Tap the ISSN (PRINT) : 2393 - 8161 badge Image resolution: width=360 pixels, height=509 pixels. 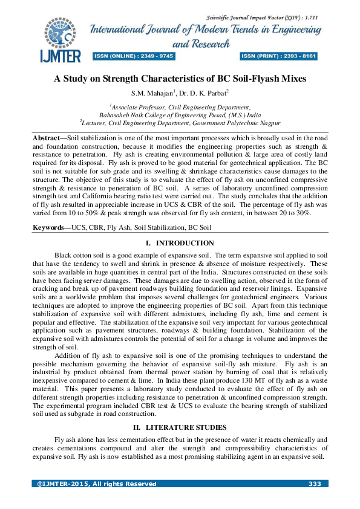[279, 56]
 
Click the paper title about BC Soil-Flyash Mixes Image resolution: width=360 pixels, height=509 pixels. [180, 79]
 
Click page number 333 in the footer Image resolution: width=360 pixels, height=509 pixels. [314, 484]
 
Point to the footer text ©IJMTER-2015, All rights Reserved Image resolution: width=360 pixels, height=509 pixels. [96, 484]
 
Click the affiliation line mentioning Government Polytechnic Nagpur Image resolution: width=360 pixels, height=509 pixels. [180, 123]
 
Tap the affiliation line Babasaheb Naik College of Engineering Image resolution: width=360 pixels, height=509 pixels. [180, 114]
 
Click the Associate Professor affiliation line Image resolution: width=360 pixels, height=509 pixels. [180, 106]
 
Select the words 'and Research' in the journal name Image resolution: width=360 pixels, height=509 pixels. [201, 44]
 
